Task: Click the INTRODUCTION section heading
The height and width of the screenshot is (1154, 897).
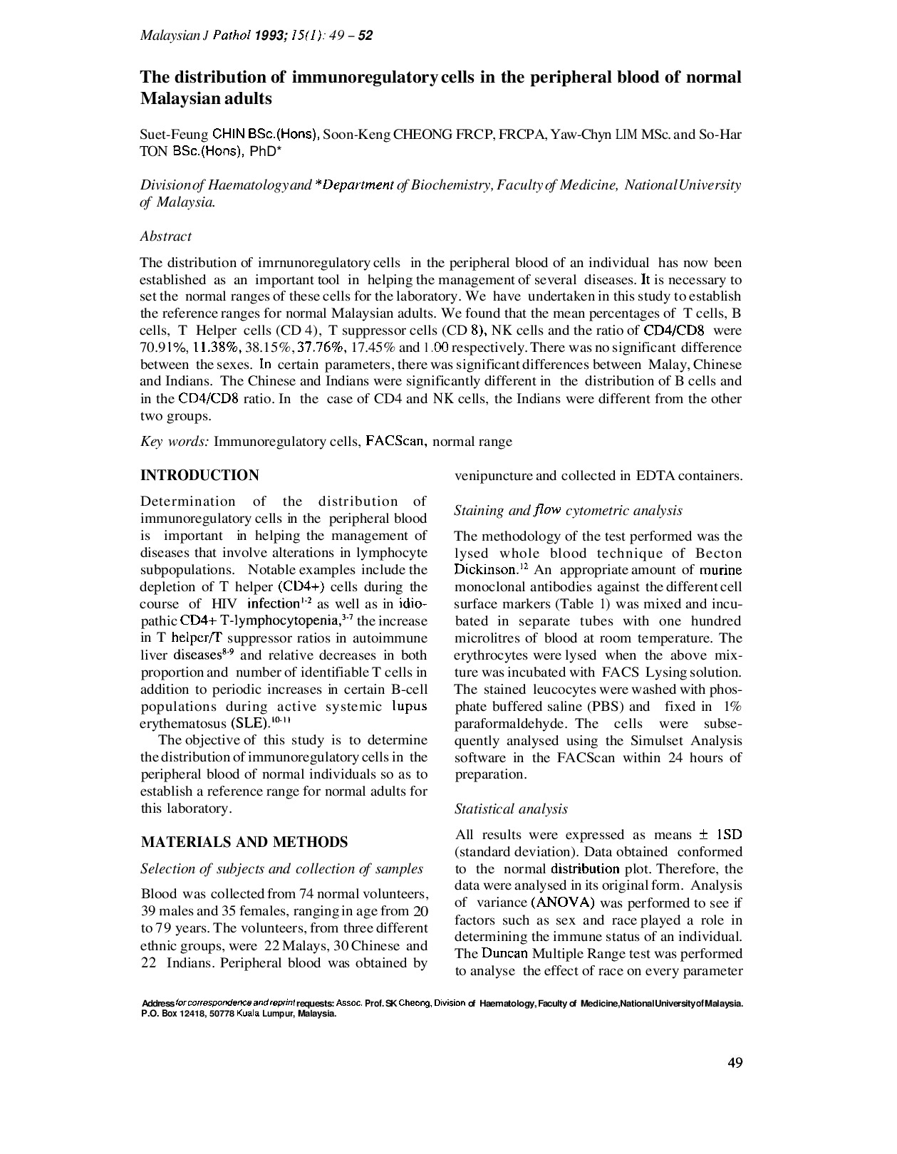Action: [199, 475]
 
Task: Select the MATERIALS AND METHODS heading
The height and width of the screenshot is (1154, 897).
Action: [244, 842]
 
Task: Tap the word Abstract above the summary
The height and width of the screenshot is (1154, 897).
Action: [165, 236]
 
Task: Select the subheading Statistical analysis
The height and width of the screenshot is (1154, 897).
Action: [511, 809]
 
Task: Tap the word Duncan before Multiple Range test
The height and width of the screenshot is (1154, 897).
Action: [504, 954]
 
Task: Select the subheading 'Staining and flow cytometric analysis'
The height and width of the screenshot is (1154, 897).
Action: [568, 510]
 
